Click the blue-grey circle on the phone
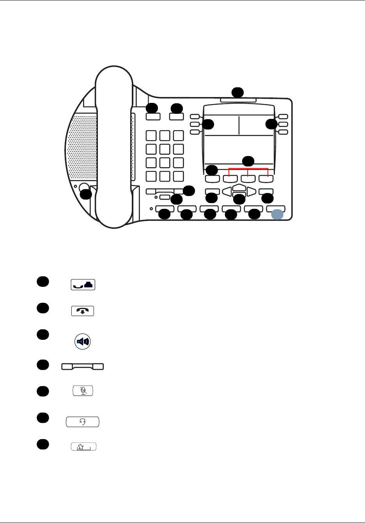(x=277, y=214)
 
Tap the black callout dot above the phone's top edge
(x=237, y=92)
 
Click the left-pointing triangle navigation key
(x=227, y=191)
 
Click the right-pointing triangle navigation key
(x=251, y=191)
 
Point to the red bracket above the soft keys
(x=248, y=169)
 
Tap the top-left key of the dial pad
(x=151, y=136)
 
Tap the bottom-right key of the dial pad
(x=178, y=176)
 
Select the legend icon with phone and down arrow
(x=83, y=311)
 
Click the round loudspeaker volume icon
(x=82, y=342)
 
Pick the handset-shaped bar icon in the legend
(x=82, y=366)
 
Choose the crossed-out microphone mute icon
(x=83, y=391)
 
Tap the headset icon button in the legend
(x=82, y=422)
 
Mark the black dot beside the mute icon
(x=43, y=391)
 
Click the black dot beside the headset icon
(x=43, y=418)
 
